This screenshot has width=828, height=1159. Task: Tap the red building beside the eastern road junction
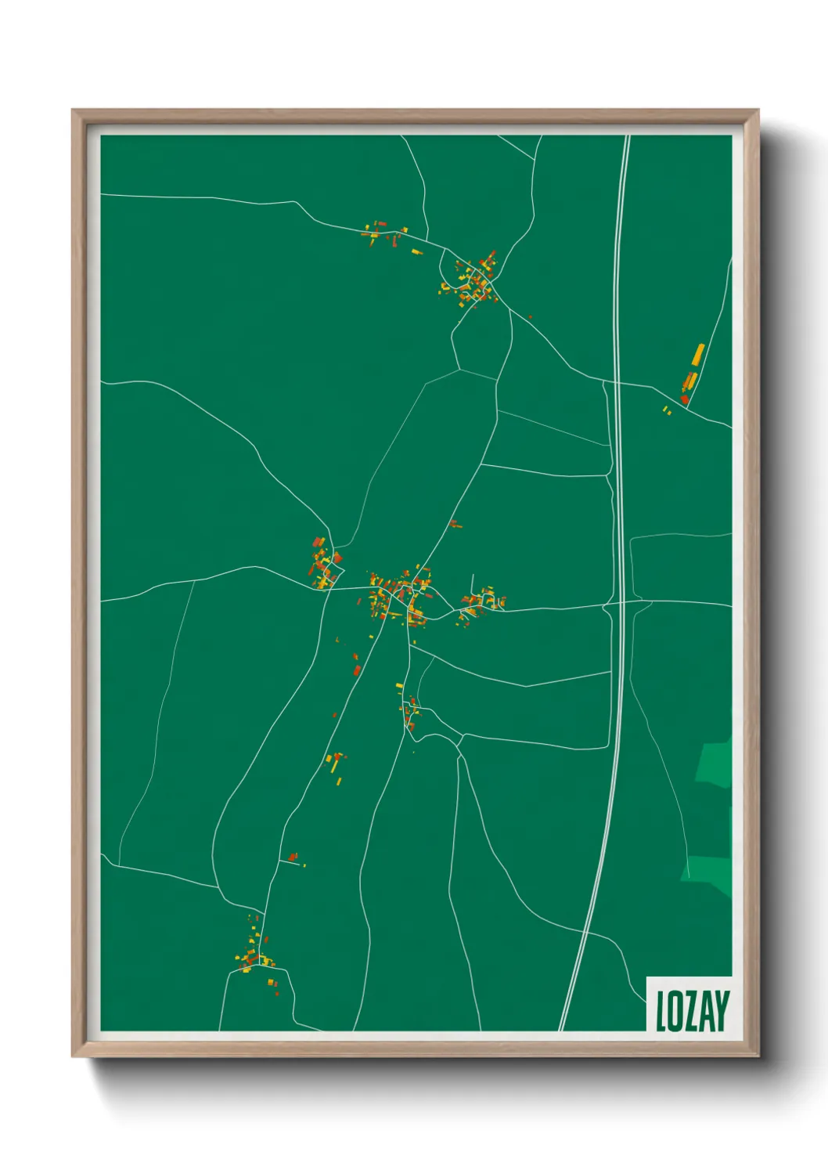point(685,399)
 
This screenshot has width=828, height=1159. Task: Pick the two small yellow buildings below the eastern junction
point(667,410)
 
